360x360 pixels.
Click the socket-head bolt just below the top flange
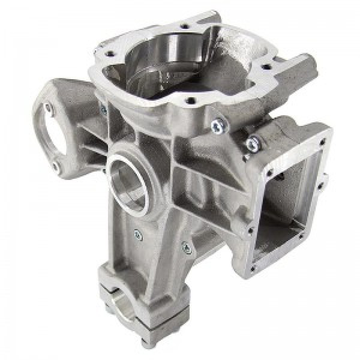217,124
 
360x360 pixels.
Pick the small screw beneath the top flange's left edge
103,110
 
